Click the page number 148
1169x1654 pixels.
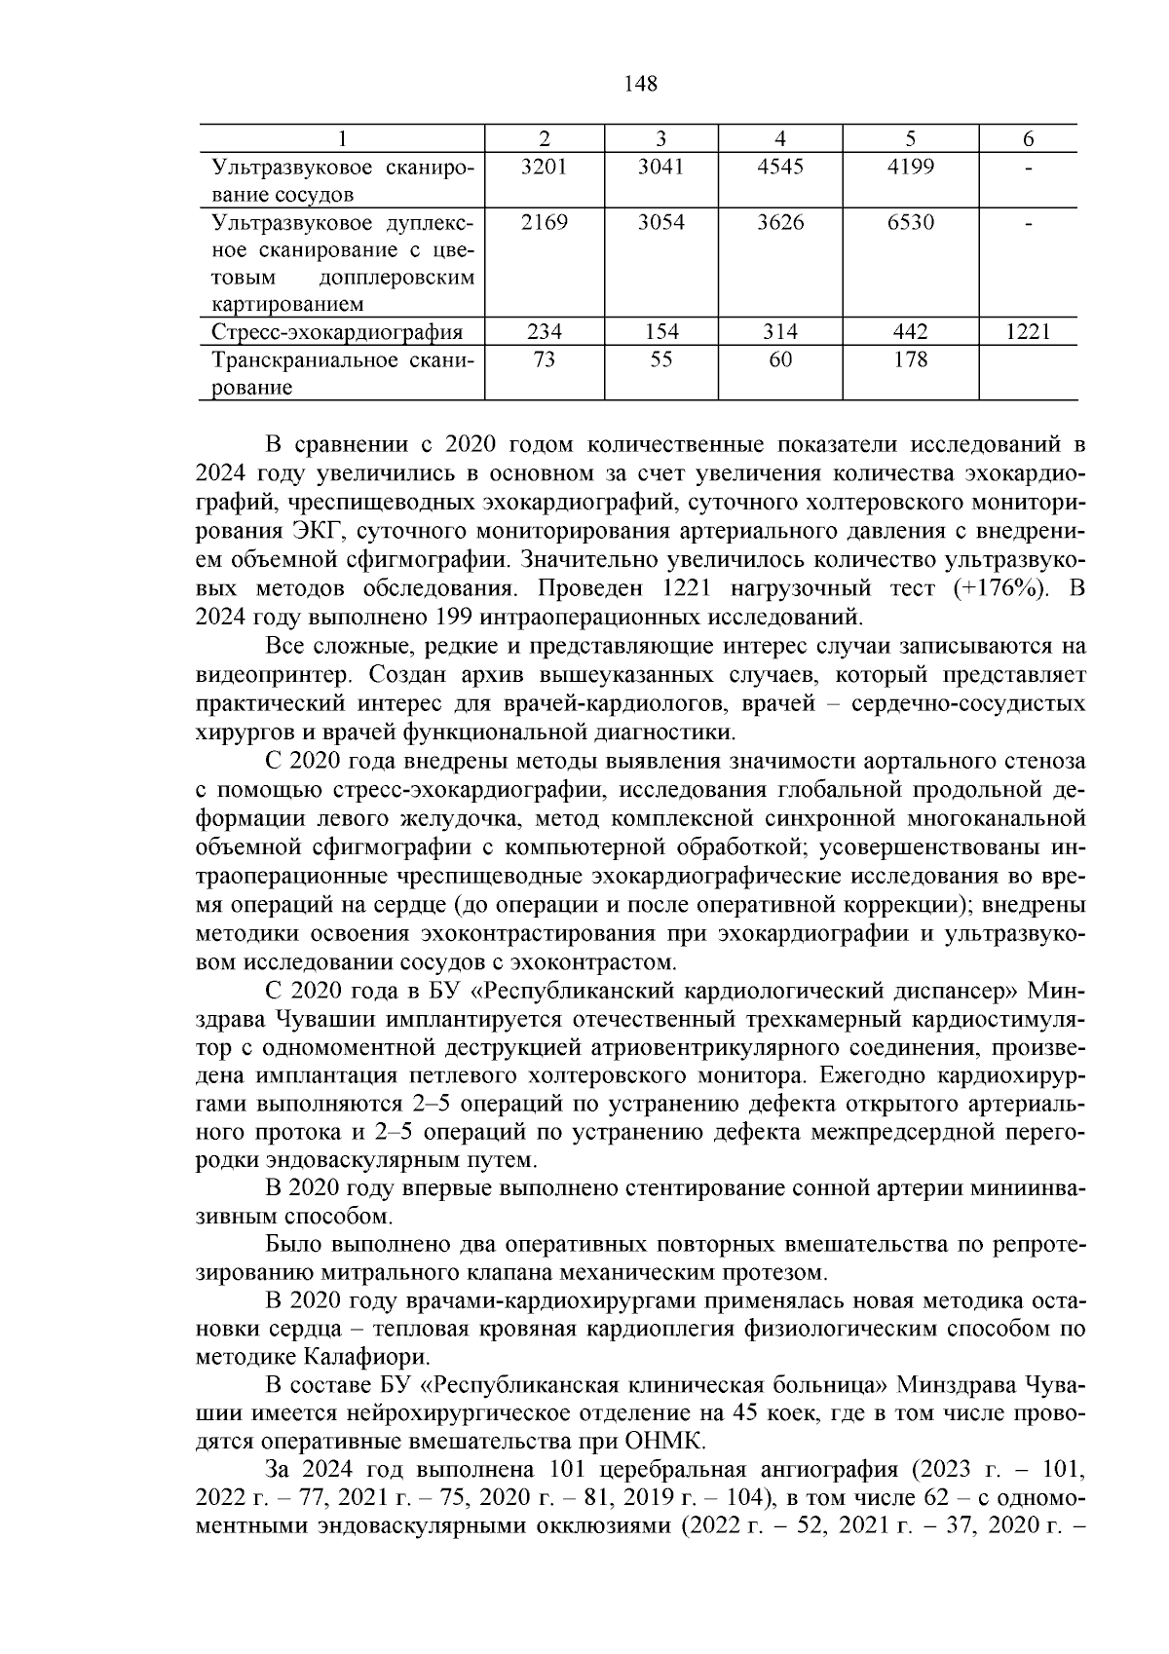click(640, 84)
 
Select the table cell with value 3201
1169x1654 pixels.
click(544, 167)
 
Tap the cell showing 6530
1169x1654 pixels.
click(910, 222)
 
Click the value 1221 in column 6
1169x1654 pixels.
click(1028, 332)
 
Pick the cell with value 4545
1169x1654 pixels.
click(779, 167)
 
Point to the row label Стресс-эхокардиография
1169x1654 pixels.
click(337, 333)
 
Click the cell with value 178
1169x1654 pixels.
click(910, 360)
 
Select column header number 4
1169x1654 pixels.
click(779, 139)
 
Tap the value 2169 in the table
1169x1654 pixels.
click(544, 222)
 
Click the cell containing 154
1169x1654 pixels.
click(660, 332)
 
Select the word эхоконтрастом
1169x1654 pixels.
click(606, 963)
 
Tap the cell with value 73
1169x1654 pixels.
click(544, 360)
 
